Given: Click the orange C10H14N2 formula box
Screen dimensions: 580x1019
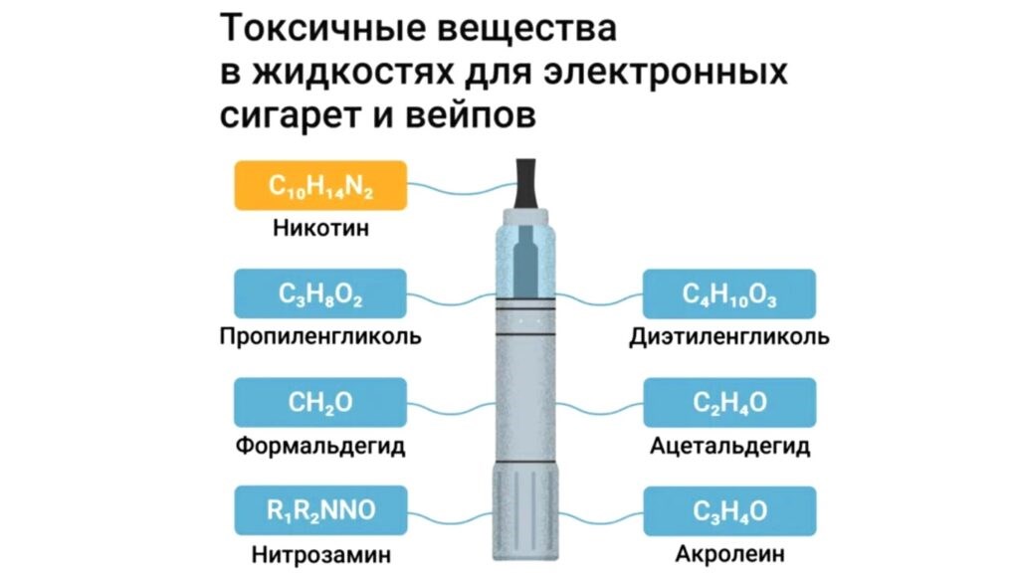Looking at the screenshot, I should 320,185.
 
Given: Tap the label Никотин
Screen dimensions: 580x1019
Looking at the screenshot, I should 320,228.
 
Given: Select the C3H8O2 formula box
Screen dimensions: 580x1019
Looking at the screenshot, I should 320,293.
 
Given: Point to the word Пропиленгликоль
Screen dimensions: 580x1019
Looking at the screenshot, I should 320,336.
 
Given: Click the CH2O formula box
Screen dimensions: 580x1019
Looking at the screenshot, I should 320,402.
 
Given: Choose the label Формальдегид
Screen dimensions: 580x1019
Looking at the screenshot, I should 320,445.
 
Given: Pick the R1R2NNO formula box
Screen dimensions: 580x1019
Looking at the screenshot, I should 320,510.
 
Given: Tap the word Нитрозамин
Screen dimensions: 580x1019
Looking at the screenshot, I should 320,553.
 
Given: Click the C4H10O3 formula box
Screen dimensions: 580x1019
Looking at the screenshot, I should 729,293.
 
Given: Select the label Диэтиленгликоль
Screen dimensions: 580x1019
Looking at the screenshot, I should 729,336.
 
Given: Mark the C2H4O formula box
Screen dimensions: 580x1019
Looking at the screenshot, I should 729,402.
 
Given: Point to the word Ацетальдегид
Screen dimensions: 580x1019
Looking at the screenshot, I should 729,445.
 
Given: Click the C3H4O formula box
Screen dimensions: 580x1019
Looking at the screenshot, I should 729,510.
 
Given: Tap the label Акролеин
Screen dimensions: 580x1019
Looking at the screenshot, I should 729,553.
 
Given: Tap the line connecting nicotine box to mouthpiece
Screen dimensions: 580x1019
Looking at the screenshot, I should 458,189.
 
